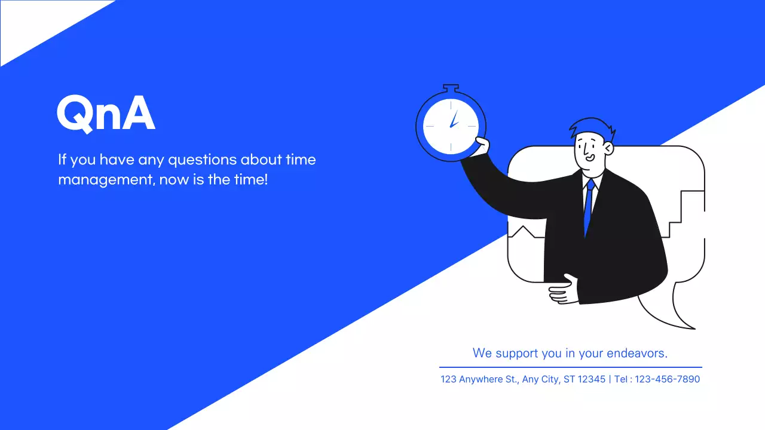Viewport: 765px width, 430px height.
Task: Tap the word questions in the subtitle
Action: (201, 160)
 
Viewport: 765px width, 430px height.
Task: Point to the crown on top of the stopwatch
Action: (451, 88)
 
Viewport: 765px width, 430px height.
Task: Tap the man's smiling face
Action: (588, 149)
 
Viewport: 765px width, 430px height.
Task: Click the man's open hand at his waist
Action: (563, 290)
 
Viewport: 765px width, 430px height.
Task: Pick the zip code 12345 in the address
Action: (592, 379)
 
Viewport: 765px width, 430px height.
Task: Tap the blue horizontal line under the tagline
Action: (571, 367)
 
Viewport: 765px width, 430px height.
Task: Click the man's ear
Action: (608, 147)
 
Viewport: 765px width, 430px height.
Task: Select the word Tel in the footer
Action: (622, 379)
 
